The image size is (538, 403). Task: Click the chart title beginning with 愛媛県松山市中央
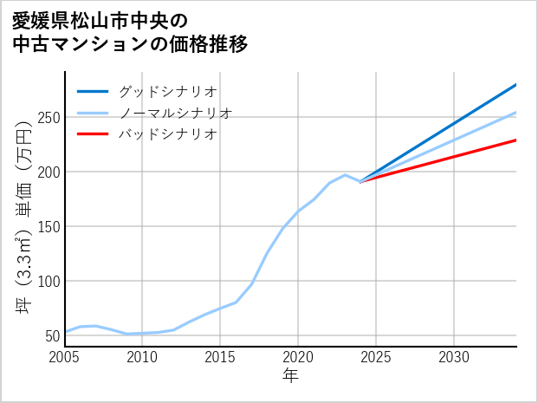pyautogui.click(x=130, y=32)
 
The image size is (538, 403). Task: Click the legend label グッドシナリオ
pyautogui.click(x=167, y=91)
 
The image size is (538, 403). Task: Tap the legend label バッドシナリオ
pyautogui.click(x=167, y=134)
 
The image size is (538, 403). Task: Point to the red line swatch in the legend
pyautogui.click(x=93, y=134)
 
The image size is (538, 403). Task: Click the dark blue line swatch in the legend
pyautogui.click(x=93, y=91)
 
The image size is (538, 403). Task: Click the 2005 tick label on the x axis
pyautogui.click(x=65, y=357)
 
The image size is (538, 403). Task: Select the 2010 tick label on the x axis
pyautogui.click(x=143, y=357)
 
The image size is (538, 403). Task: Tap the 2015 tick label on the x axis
pyautogui.click(x=221, y=357)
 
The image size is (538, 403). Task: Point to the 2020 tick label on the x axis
pyautogui.click(x=298, y=357)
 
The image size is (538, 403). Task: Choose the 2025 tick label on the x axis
pyautogui.click(x=376, y=357)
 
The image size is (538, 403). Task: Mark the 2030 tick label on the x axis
pyautogui.click(x=454, y=357)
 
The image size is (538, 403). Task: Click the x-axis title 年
pyautogui.click(x=290, y=376)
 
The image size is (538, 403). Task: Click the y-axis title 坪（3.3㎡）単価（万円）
pyautogui.click(x=23, y=217)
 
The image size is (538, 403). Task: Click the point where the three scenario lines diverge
pyautogui.click(x=360, y=182)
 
